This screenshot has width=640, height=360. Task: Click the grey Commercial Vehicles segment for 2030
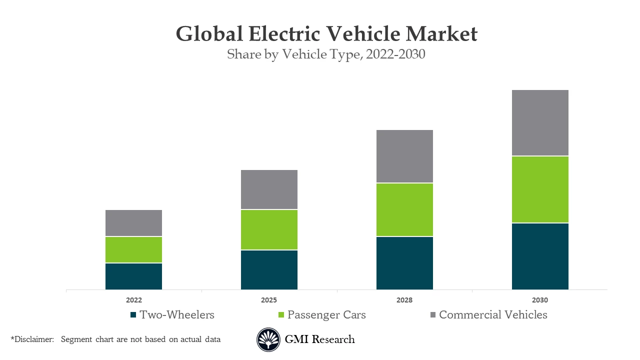click(540, 123)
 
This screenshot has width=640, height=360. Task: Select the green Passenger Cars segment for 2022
click(133, 249)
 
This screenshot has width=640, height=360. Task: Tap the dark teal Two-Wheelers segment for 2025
click(269, 269)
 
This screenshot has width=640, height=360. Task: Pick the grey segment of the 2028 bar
click(404, 156)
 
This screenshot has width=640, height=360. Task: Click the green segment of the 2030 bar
click(540, 189)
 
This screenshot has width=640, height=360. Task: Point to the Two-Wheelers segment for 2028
click(404, 263)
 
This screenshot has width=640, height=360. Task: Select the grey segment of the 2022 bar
click(133, 223)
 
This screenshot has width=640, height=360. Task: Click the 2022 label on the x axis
click(133, 300)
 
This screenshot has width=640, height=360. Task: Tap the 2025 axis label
click(269, 300)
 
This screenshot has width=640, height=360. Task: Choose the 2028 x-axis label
click(404, 300)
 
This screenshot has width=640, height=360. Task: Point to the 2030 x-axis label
click(540, 300)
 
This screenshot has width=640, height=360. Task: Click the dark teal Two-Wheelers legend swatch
click(133, 315)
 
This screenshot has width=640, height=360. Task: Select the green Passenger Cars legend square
click(280, 315)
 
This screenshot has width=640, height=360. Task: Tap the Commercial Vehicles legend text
click(493, 315)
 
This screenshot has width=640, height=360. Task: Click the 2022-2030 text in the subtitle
click(395, 54)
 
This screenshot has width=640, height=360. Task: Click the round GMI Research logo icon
click(268, 340)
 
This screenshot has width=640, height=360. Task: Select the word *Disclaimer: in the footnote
click(32, 339)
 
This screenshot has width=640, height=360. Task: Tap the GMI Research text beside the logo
click(319, 339)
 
